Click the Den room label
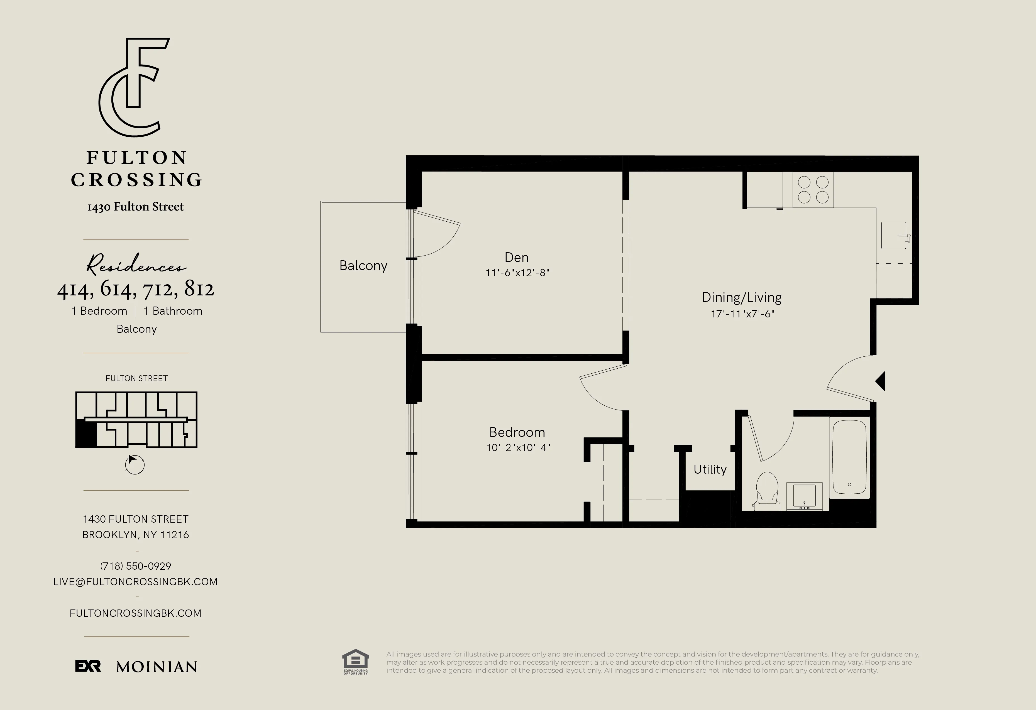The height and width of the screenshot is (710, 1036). [516, 258]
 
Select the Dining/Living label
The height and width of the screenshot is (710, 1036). [741, 297]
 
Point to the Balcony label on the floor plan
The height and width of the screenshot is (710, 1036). [363, 266]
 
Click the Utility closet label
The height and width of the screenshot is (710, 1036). [710, 469]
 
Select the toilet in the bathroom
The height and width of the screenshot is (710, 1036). [767, 490]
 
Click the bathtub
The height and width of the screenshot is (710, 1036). [849, 457]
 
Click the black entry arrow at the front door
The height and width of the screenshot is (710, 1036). [880, 381]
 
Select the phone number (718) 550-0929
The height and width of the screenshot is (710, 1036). [136, 566]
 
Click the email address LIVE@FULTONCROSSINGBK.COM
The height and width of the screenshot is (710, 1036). [136, 582]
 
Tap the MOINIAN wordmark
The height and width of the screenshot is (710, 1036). [157, 667]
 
